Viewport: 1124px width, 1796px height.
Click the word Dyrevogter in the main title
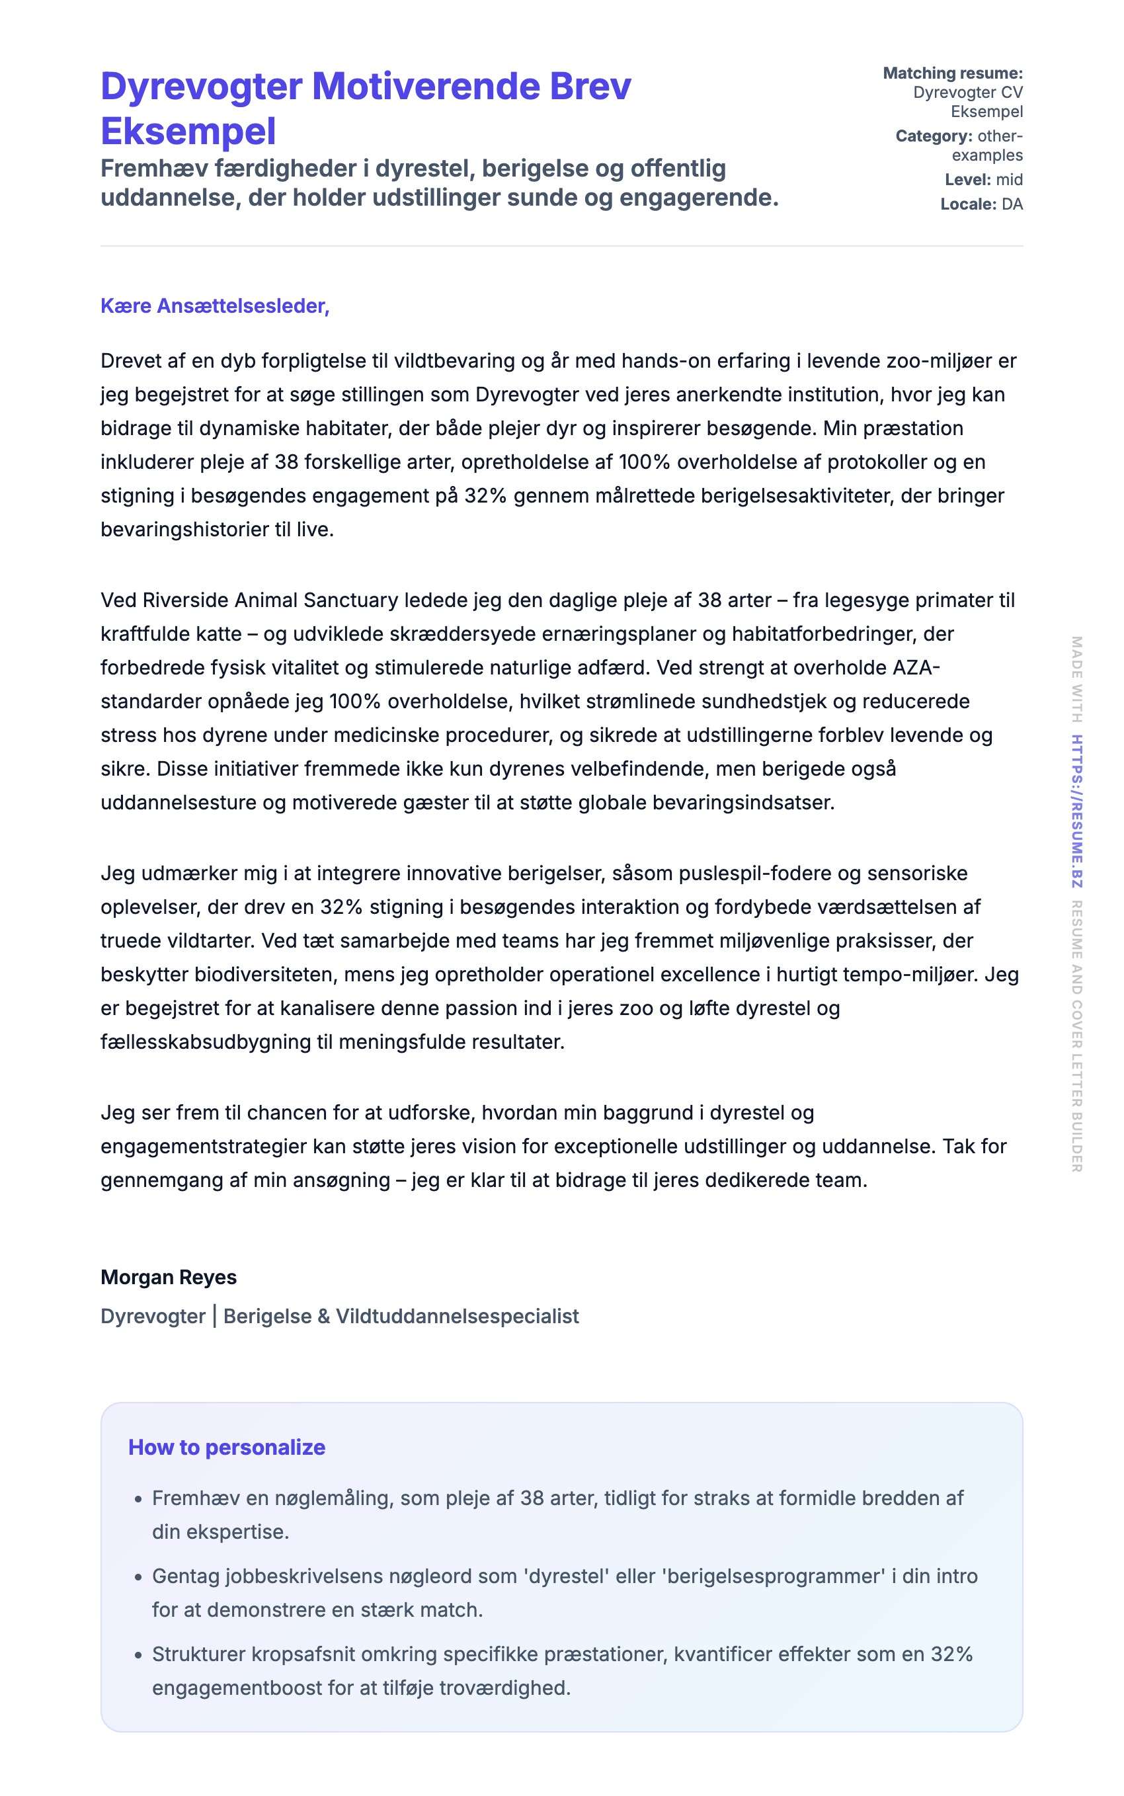(201, 86)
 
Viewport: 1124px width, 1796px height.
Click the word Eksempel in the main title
(188, 132)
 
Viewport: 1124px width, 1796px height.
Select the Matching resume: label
(952, 73)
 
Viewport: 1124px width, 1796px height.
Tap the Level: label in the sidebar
(967, 179)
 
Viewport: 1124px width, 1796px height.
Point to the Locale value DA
(1012, 204)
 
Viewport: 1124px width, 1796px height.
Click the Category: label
(934, 136)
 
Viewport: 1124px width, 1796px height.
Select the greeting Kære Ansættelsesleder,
(215, 306)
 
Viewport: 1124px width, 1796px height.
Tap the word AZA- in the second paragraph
(916, 668)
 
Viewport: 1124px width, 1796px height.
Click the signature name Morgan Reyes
(169, 1277)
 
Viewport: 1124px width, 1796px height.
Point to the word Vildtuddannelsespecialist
(457, 1316)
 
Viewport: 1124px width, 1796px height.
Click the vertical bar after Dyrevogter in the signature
(214, 1316)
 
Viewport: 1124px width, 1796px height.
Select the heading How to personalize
(227, 1448)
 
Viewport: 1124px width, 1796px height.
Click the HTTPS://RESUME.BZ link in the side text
(1076, 810)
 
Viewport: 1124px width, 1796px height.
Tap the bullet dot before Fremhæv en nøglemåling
(138, 1499)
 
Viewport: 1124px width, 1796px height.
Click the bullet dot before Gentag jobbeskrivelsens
(138, 1577)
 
